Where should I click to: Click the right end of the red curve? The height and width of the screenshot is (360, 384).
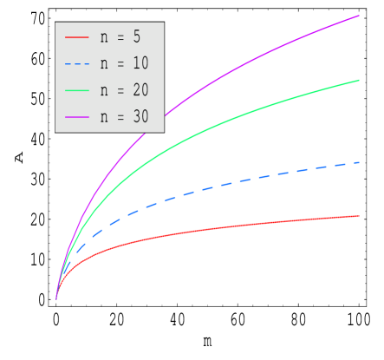359,215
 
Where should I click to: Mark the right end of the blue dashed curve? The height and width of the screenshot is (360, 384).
359,162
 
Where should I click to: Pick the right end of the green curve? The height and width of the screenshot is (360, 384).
359,81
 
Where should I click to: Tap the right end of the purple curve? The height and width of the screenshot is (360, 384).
359,16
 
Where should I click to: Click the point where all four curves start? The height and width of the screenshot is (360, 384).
56,299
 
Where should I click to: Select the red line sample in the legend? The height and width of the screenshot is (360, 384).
76,37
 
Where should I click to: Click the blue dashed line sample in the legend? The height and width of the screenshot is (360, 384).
76,64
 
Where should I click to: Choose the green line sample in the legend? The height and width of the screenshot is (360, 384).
76,90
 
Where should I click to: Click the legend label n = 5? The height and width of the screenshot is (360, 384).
120,37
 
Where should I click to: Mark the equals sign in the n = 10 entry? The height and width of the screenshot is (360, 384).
120,64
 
